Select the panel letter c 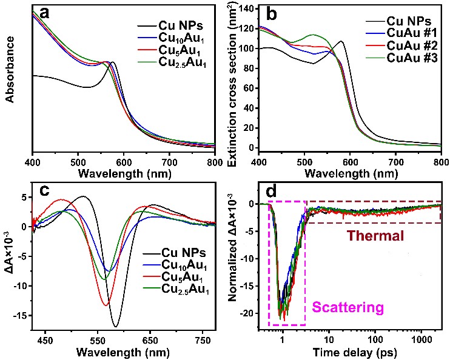point(44,189)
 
